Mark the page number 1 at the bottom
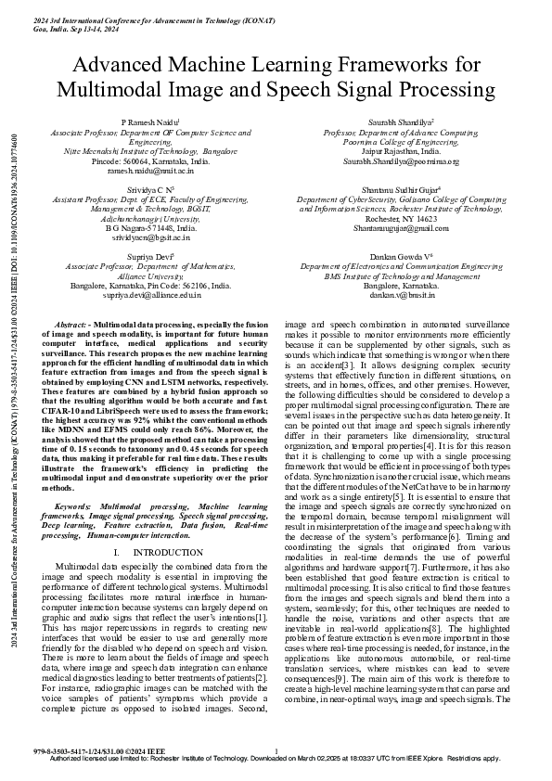(276, 749)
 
